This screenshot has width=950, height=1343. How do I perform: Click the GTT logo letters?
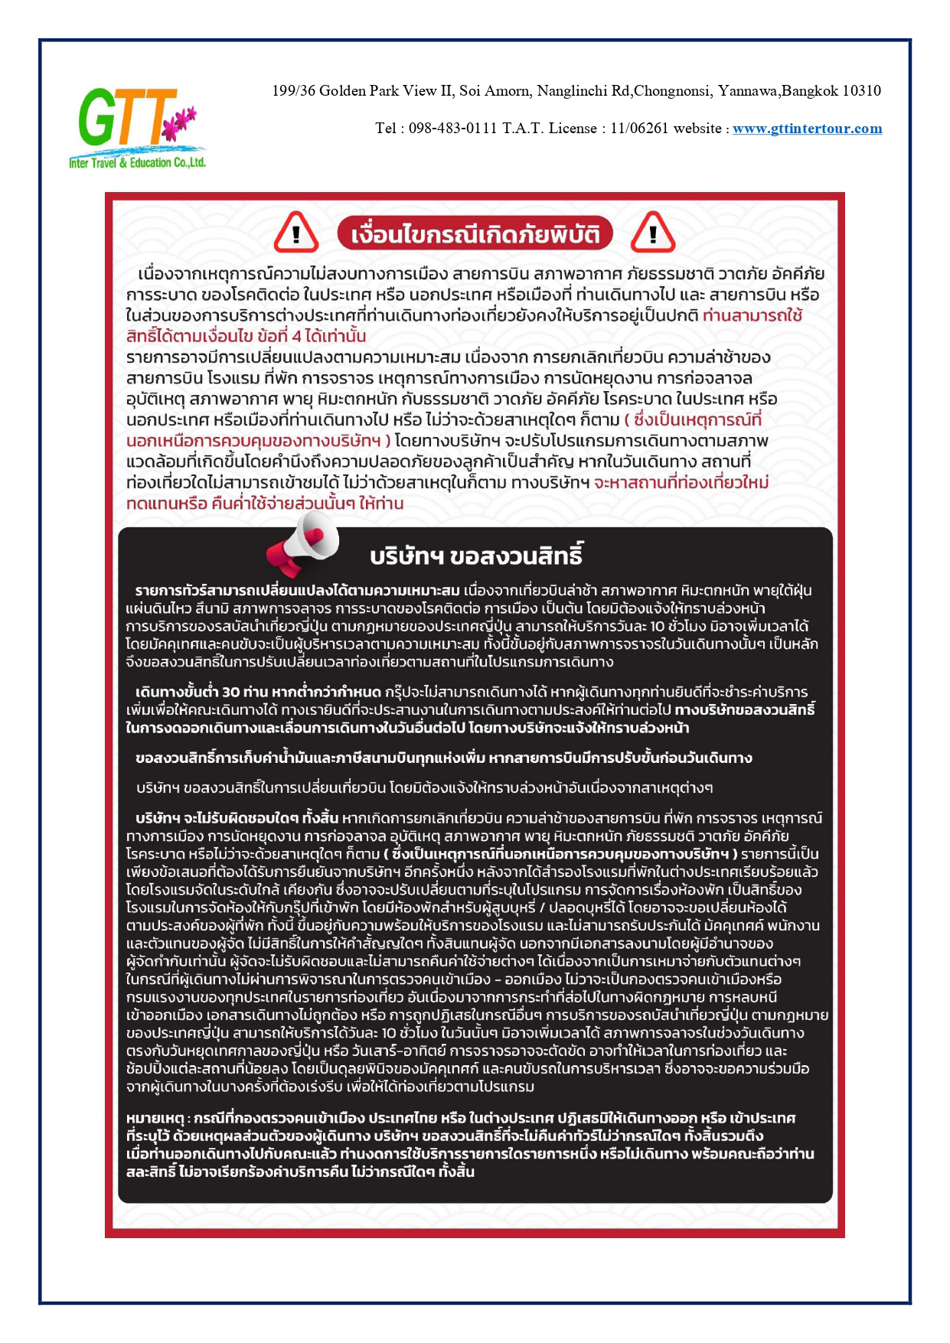(x=126, y=119)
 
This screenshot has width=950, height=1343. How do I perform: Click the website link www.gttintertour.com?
(x=807, y=129)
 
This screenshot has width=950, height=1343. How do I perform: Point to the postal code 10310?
(x=861, y=91)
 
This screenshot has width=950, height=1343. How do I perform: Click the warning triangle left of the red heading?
(x=295, y=233)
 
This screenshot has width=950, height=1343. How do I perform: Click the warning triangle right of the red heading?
(x=652, y=233)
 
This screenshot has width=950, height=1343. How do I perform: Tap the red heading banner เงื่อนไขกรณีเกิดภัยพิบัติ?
(x=475, y=234)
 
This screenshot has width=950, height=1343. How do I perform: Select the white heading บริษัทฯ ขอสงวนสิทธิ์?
(x=476, y=556)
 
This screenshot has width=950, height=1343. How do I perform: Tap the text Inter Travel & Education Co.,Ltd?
(x=137, y=163)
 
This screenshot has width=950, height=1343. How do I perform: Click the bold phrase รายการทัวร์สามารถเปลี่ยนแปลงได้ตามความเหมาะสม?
(x=298, y=591)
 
